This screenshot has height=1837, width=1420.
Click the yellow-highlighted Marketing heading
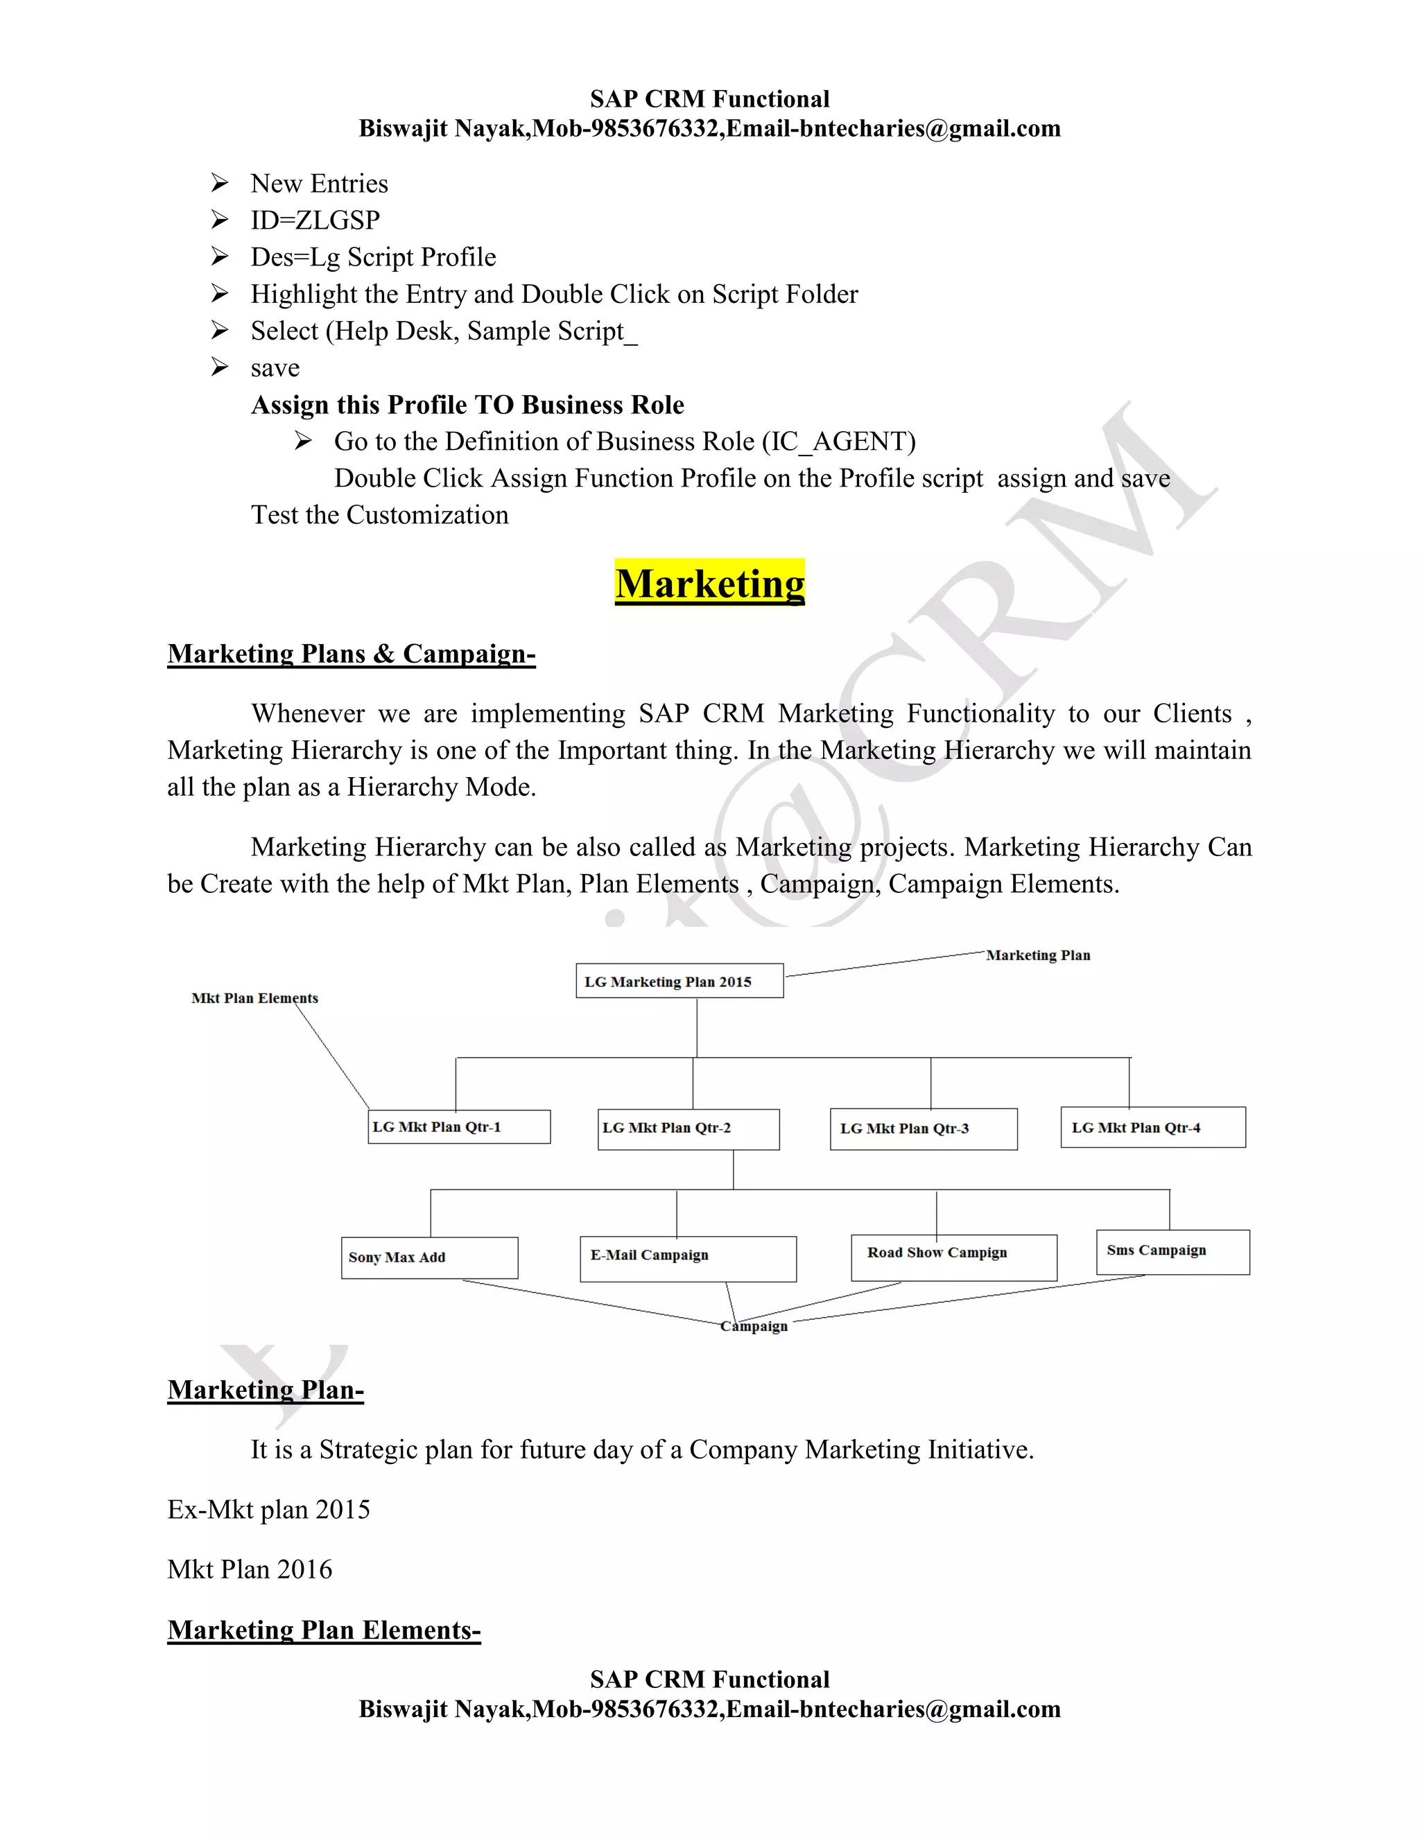pyautogui.click(x=709, y=583)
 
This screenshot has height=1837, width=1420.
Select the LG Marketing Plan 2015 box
pyautogui.click(x=679, y=981)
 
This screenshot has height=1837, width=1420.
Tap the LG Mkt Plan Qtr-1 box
pyautogui.click(x=459, y=1126)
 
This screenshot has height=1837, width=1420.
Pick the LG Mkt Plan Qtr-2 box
pyautogui.click(x=688, y=1129)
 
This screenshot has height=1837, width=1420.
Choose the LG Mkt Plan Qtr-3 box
pyautogui.click(x=923, y=1129)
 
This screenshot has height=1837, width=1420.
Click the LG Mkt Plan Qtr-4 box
pyautogui.click(x=1152, y=1127)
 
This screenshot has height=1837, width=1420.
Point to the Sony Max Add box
pyautogui.click(x=429, y=1257)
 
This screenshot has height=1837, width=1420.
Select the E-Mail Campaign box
pyautogui.click(x=687, y=1258)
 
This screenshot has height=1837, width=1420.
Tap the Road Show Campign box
pyautogui.click(x=953, y=1257)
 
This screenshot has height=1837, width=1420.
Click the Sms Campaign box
pyautogui.click(x=1172, y=1251)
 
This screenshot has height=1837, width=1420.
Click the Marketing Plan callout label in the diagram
pyautogui.click(x=1038, y=955)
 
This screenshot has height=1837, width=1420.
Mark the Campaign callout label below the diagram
pyautogui.click(x=754, y=1326)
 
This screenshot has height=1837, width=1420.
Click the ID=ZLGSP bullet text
pyautogui.click(x=315, y=220)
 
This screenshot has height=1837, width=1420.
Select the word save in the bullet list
pyautogui.click(x=275, y=368)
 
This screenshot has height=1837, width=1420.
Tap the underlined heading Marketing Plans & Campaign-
pyautogui.click(x=351, y=654)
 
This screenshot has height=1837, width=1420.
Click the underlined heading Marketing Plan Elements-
pyautogui.click(x=324, y=1630)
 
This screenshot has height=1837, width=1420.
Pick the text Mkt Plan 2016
pyautogui.click(x=250, y=1569)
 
